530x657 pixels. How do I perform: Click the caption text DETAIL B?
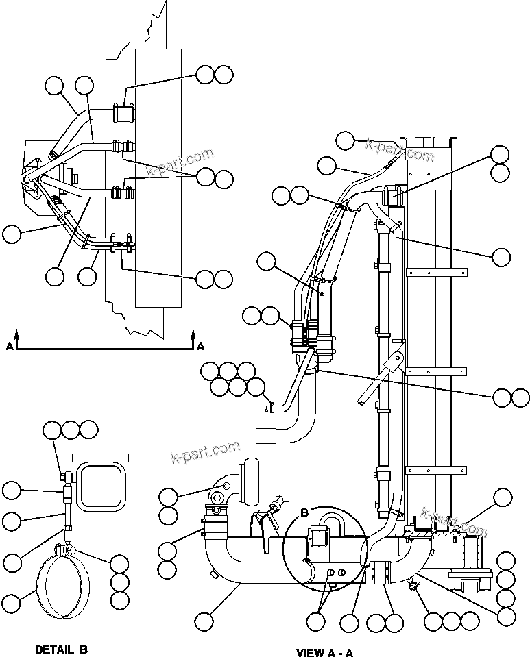point(60,649)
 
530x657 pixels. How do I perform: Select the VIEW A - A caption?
point(324,652)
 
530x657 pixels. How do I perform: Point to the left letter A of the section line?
point(9,347)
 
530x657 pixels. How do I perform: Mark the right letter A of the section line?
point(201,347)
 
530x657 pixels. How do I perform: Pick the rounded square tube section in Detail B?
point(101,486)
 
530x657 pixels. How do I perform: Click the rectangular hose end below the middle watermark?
point(265,435)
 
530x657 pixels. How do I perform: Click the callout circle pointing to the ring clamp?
point(11,603)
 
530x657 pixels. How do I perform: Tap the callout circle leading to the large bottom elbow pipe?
point(204,622)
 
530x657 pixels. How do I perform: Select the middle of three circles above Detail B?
point(71,430)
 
